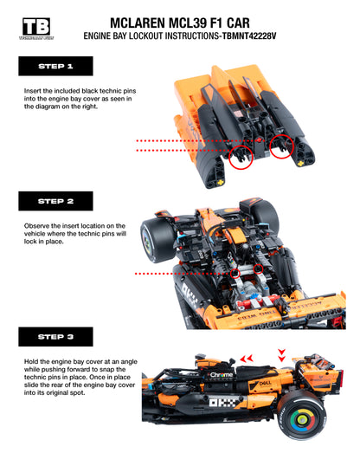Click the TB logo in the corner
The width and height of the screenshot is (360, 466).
[35, 28]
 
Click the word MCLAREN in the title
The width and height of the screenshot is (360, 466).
[145, 23]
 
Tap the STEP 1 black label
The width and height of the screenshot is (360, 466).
[55, 66]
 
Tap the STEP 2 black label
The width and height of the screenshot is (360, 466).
[55, 201]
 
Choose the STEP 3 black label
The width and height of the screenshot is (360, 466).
[55, 336]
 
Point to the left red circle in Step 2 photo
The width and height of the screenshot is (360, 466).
[235, 272]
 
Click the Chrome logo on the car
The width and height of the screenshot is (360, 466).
[222, 375]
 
